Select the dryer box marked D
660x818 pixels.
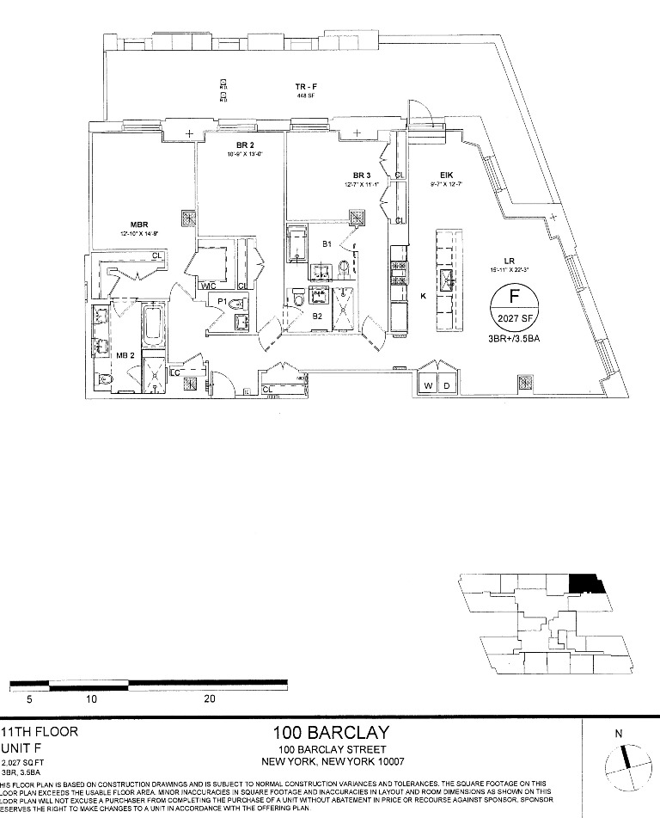point(447,385)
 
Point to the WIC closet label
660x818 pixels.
point(207,286)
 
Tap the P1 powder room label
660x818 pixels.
point(222,302)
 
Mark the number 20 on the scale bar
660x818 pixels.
point(210,699)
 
